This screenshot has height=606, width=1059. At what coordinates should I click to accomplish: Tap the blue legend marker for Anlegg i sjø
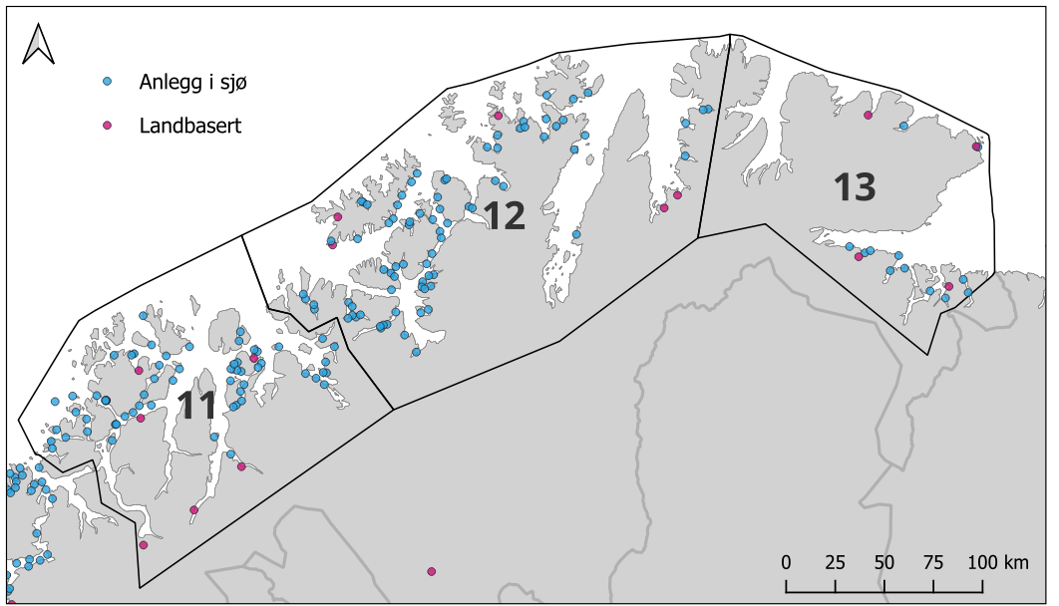[108, 81]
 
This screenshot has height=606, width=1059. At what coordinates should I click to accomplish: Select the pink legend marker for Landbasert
[108, 125]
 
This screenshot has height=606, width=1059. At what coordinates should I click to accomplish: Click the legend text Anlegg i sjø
[192, 82]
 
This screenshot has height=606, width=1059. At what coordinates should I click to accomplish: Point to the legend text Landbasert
[190, 126]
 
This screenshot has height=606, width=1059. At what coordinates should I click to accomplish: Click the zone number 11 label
[196, 406]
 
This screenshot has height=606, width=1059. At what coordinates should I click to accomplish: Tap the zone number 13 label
[855, 187]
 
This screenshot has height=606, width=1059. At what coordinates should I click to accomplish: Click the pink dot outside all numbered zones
[431, 571]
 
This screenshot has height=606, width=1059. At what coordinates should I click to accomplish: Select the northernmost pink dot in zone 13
[868, 116]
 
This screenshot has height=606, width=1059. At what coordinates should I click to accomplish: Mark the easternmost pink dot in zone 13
[976, 147]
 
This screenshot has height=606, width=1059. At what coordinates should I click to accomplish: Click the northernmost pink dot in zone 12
[498, 116]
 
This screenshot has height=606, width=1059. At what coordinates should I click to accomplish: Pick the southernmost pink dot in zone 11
[144, 545]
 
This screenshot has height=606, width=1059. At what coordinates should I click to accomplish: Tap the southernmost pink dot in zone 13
[948, 286]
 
